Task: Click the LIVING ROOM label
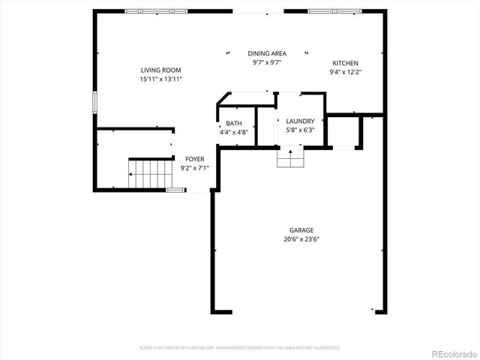[161, 70]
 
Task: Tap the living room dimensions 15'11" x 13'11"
[161, 79]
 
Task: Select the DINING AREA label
[266, 53]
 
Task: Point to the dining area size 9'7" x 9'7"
[266, 62]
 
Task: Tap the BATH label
[233, 124]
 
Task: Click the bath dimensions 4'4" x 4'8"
[233, 133]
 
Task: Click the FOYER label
[195, 159]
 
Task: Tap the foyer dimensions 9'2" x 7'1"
[195, 168]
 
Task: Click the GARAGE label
[301, 230]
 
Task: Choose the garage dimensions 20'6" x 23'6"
[301, 240]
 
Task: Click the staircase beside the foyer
[151, 175]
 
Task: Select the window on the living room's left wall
[94, 102]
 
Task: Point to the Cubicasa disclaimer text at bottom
[240, 348]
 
